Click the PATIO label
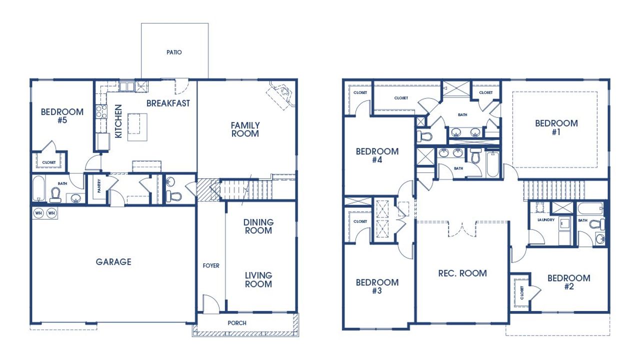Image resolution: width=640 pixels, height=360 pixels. tap(174, 52)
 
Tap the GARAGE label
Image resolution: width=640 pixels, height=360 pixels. tap(113, 261)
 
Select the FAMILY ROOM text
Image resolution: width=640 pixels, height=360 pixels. tap(245, 129)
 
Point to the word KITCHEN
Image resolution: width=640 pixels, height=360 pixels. tap(118, 121)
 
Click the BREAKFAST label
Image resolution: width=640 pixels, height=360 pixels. tap(168, 103)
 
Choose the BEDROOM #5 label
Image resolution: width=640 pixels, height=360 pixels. tap(62, 115)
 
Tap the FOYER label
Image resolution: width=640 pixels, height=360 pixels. tap(211, 265)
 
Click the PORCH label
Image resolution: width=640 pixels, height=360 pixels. tap(237, 323)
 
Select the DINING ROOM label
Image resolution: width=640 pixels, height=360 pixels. tap(258, 226)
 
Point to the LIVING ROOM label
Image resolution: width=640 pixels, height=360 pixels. tap(258, 279)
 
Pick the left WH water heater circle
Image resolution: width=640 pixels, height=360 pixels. tap(38, 213)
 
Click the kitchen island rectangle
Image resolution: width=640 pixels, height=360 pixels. tap(137, 127)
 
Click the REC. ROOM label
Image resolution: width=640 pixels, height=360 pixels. tap(462, 273)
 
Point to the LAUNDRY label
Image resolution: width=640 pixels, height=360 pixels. tap(546, 219)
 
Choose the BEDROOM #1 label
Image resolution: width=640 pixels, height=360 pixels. tap(556, 127)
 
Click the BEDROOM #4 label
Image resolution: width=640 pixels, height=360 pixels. tap(377, 155)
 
